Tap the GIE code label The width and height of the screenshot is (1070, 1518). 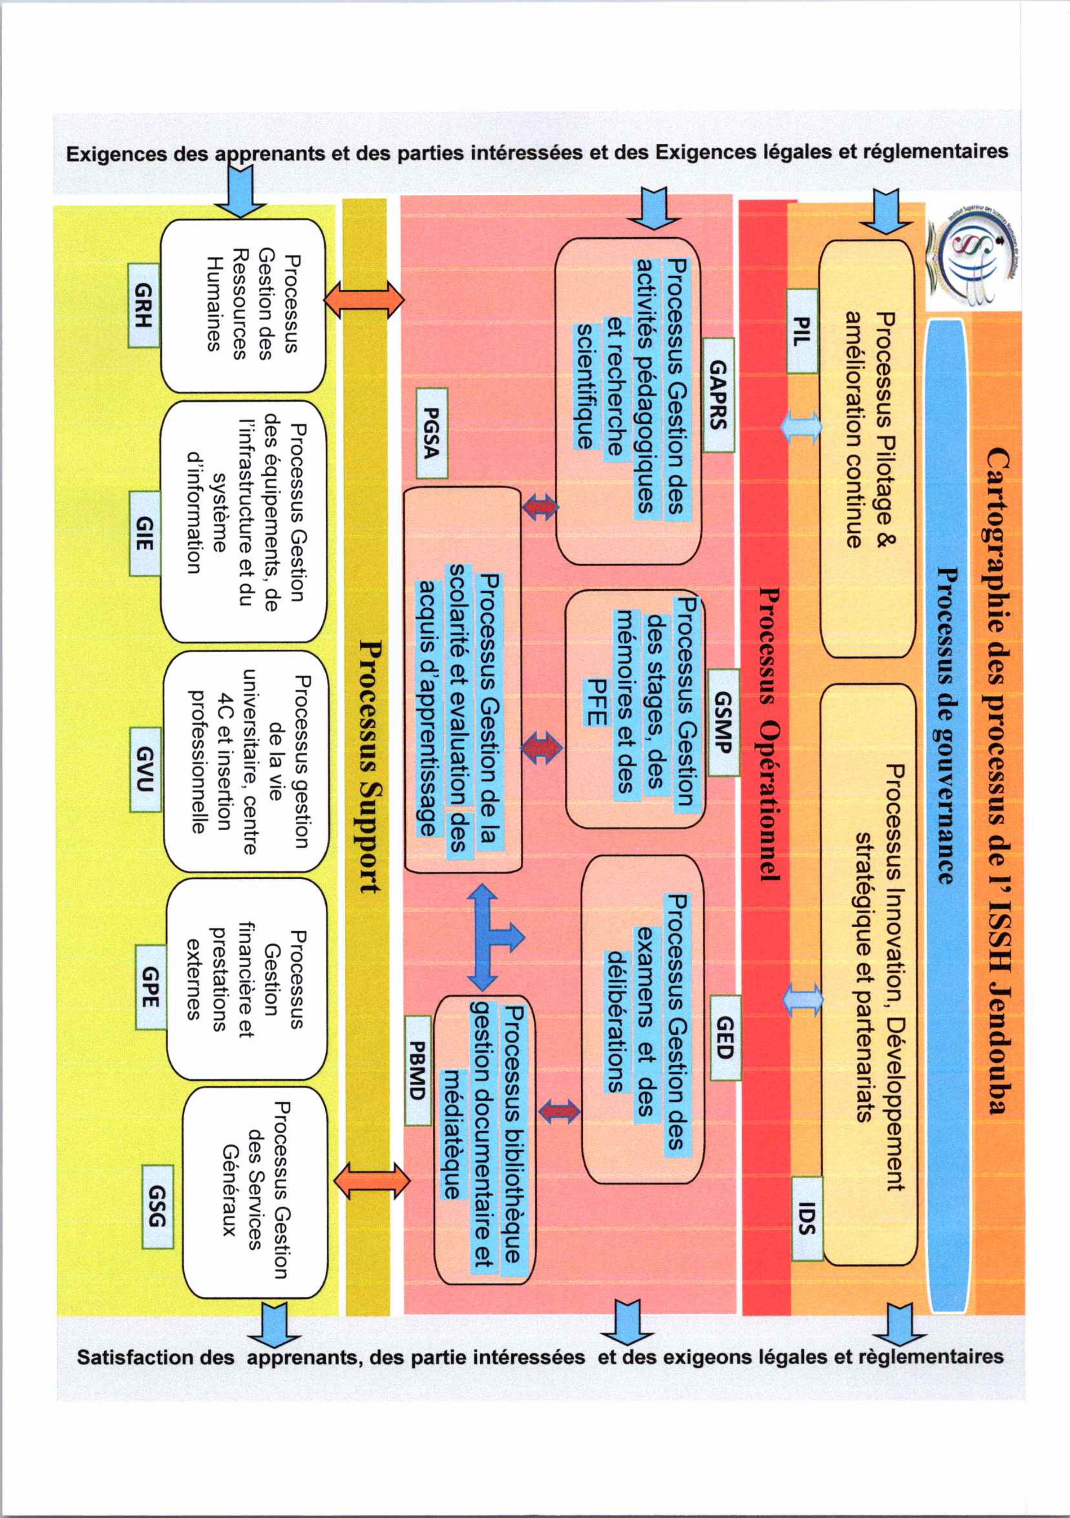point(144,534)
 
